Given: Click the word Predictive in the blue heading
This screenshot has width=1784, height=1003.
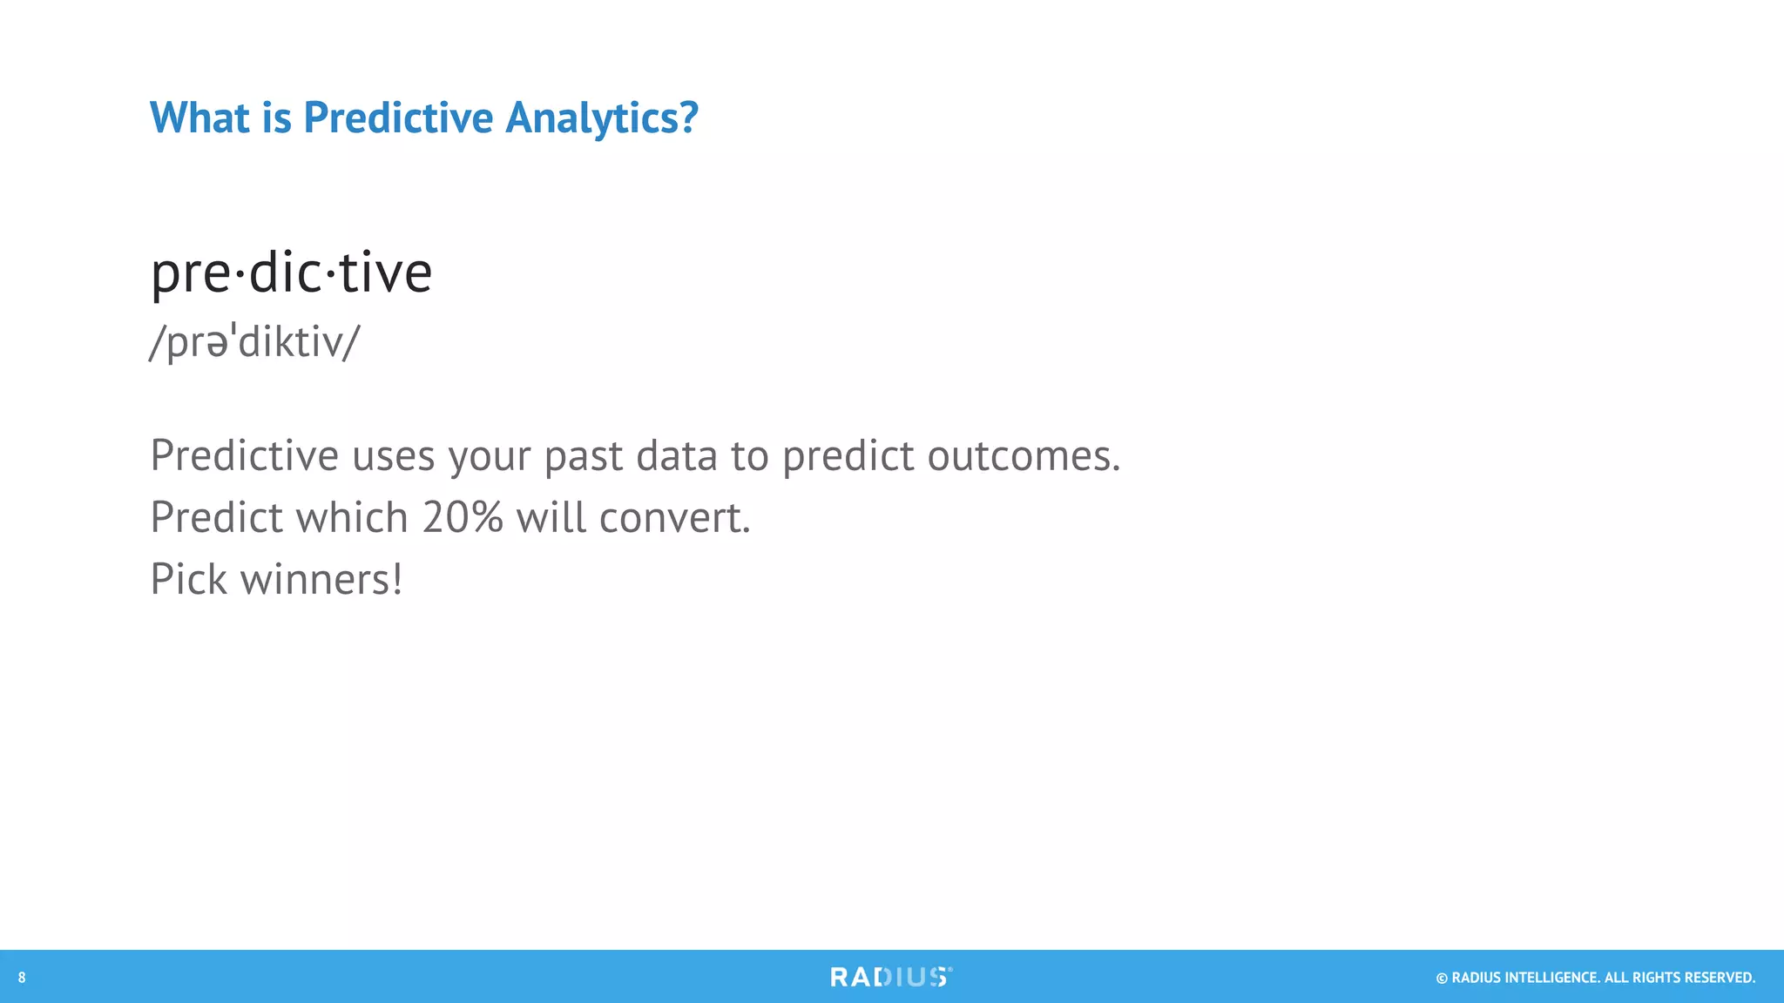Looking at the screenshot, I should tap(397, 118).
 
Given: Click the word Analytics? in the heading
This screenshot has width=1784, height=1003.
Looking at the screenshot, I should tap(602, 118).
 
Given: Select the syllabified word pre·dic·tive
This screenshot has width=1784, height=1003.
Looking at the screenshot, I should tap(291, 273).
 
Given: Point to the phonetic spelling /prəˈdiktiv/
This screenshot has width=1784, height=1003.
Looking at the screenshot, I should tap(253, 341).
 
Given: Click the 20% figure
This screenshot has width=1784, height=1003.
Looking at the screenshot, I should tap(463, 517).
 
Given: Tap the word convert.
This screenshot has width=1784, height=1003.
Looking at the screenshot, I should tap(675, 517).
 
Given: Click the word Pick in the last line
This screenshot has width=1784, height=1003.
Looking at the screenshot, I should tap(188, 579).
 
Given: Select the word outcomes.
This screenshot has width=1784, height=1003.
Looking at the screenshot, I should tap(1024, 456).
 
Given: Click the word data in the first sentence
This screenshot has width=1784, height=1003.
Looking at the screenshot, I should tap(676, 456).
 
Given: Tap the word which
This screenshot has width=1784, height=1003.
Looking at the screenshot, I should tap(352, 517).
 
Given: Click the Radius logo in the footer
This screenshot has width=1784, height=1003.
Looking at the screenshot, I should tap(890, 977).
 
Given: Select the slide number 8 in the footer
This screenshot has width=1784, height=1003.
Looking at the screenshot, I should tap(22, 978).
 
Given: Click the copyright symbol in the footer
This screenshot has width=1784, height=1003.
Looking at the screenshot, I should tap(1442, 979).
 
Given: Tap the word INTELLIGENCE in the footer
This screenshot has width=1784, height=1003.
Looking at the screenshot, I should tap(1551, 978).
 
